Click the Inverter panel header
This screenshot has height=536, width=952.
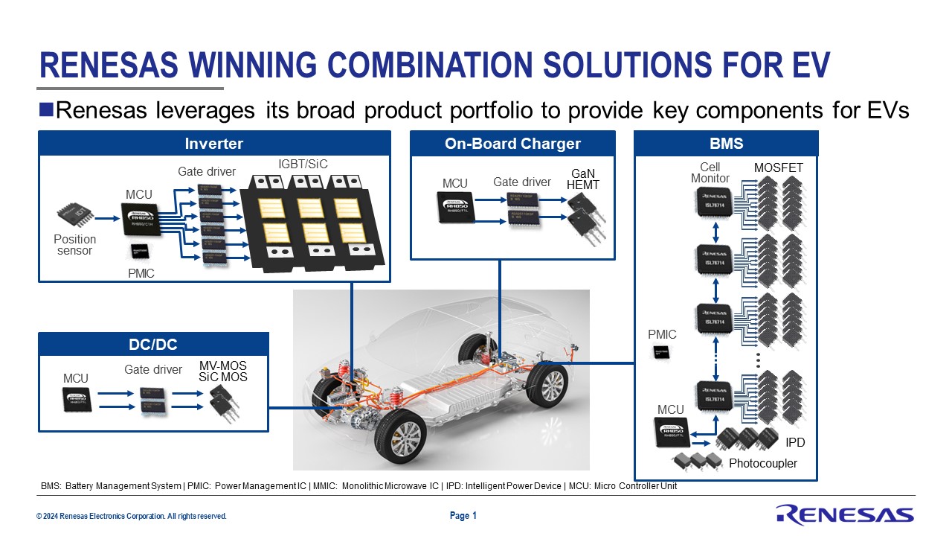[214, 144]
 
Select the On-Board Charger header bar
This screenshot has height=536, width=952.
[512, 144]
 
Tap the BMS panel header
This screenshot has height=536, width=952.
[726, 144]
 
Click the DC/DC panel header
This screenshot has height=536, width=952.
[152, 345]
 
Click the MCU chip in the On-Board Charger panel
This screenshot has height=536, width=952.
[455, 209]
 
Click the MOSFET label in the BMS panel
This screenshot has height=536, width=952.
[778, 168]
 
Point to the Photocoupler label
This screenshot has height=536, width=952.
[762, 464]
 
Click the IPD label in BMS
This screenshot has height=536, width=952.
[795, 443]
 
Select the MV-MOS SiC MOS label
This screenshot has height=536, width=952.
[222, 371]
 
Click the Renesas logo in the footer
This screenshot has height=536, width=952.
[845, 514]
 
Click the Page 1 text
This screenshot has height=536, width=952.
[463, 515]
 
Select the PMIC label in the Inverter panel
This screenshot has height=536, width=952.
[141, 273]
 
